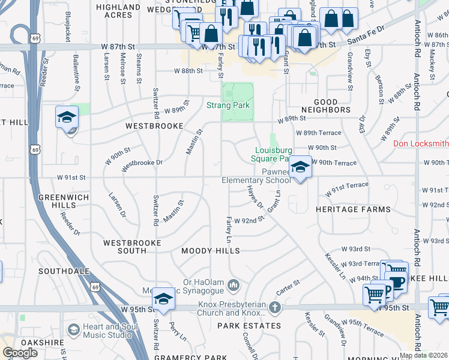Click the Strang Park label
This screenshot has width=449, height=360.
[227, 106]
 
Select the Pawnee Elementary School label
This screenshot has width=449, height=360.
[256, 175]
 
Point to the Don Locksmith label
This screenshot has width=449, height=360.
[420, 144]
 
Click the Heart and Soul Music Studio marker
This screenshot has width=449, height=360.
[73, 329]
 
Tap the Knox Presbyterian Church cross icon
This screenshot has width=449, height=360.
[274, 308]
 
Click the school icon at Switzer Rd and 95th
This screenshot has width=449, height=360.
[163, 298]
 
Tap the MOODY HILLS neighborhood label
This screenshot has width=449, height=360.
[210, 251]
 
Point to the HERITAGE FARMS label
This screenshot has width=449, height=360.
[353, 209]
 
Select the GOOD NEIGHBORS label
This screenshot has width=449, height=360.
[330, 106]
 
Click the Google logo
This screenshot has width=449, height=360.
[20, 353]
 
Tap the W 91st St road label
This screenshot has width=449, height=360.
[71, 178]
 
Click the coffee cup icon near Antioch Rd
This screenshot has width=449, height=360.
[397, 280]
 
